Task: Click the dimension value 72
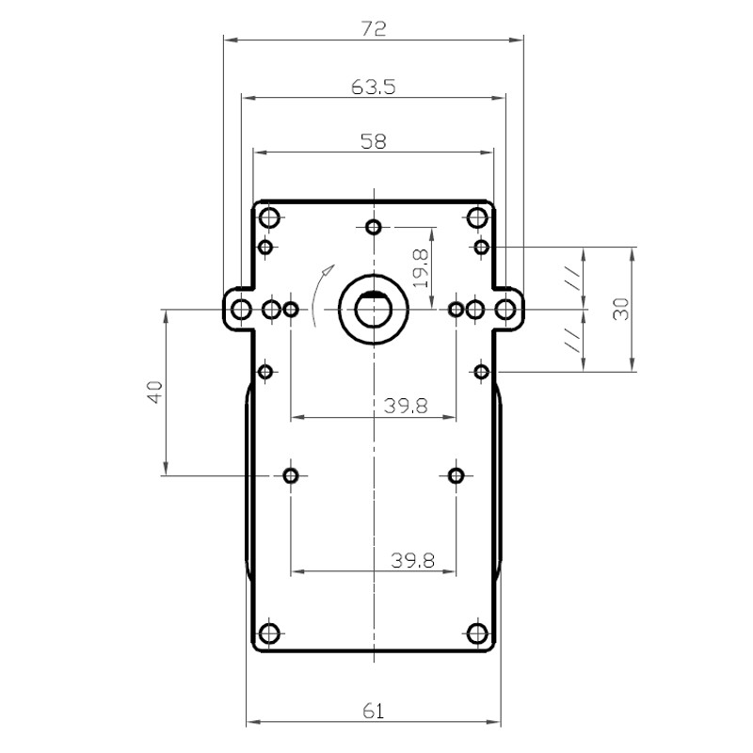[374, 29]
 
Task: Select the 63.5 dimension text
[374, 88]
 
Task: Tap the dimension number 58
[373, 141]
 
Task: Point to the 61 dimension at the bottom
[373, 711]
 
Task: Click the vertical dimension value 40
[155, 392]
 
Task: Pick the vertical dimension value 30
[621, 309]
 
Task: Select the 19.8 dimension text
[420, 269]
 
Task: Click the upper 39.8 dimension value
[406, 407]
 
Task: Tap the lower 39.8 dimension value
[413, 560]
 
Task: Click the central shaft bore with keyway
[373, 310]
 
